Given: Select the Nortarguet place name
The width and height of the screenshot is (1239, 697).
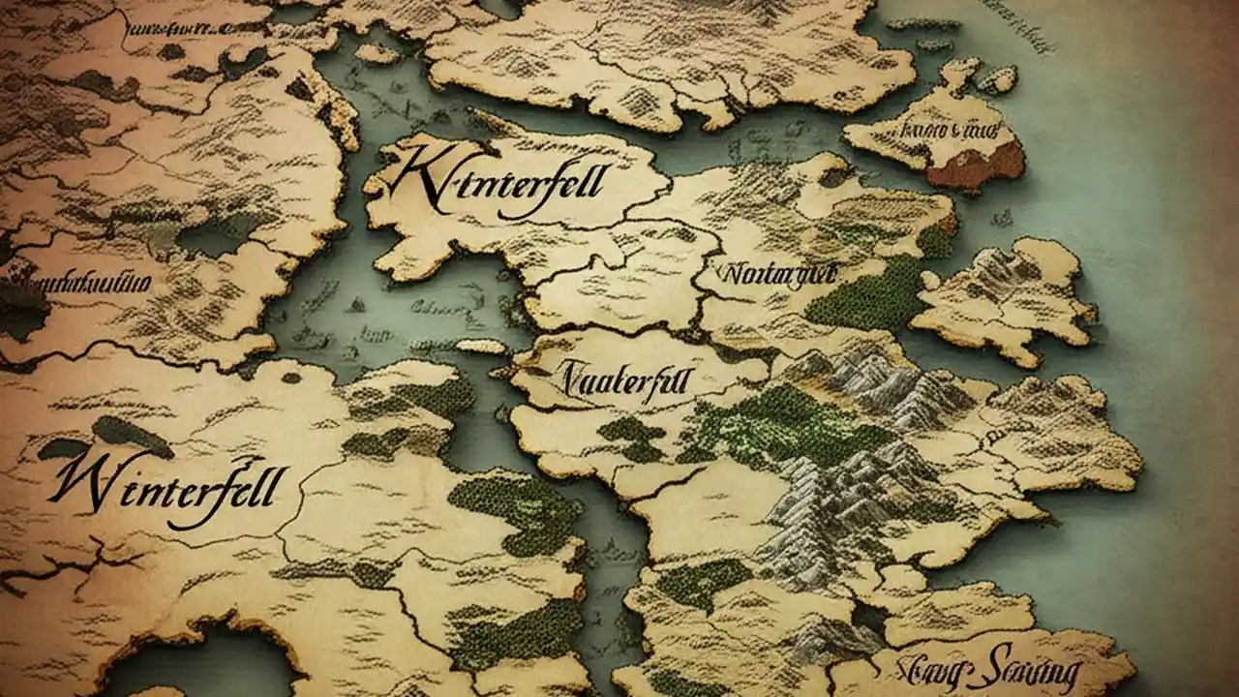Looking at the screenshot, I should click(x=777, y=275).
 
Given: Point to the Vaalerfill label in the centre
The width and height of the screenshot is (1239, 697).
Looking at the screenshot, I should click(x=625, y=379).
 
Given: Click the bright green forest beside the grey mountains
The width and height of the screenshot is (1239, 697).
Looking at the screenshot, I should click(x=774, y=426).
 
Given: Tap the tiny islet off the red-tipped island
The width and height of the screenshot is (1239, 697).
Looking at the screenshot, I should click(x=998, y=78).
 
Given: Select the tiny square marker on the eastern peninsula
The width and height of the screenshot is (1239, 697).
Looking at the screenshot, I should click(x=993, y=439).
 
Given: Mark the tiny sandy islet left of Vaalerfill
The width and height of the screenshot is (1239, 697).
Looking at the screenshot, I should click(x=481, y=346).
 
